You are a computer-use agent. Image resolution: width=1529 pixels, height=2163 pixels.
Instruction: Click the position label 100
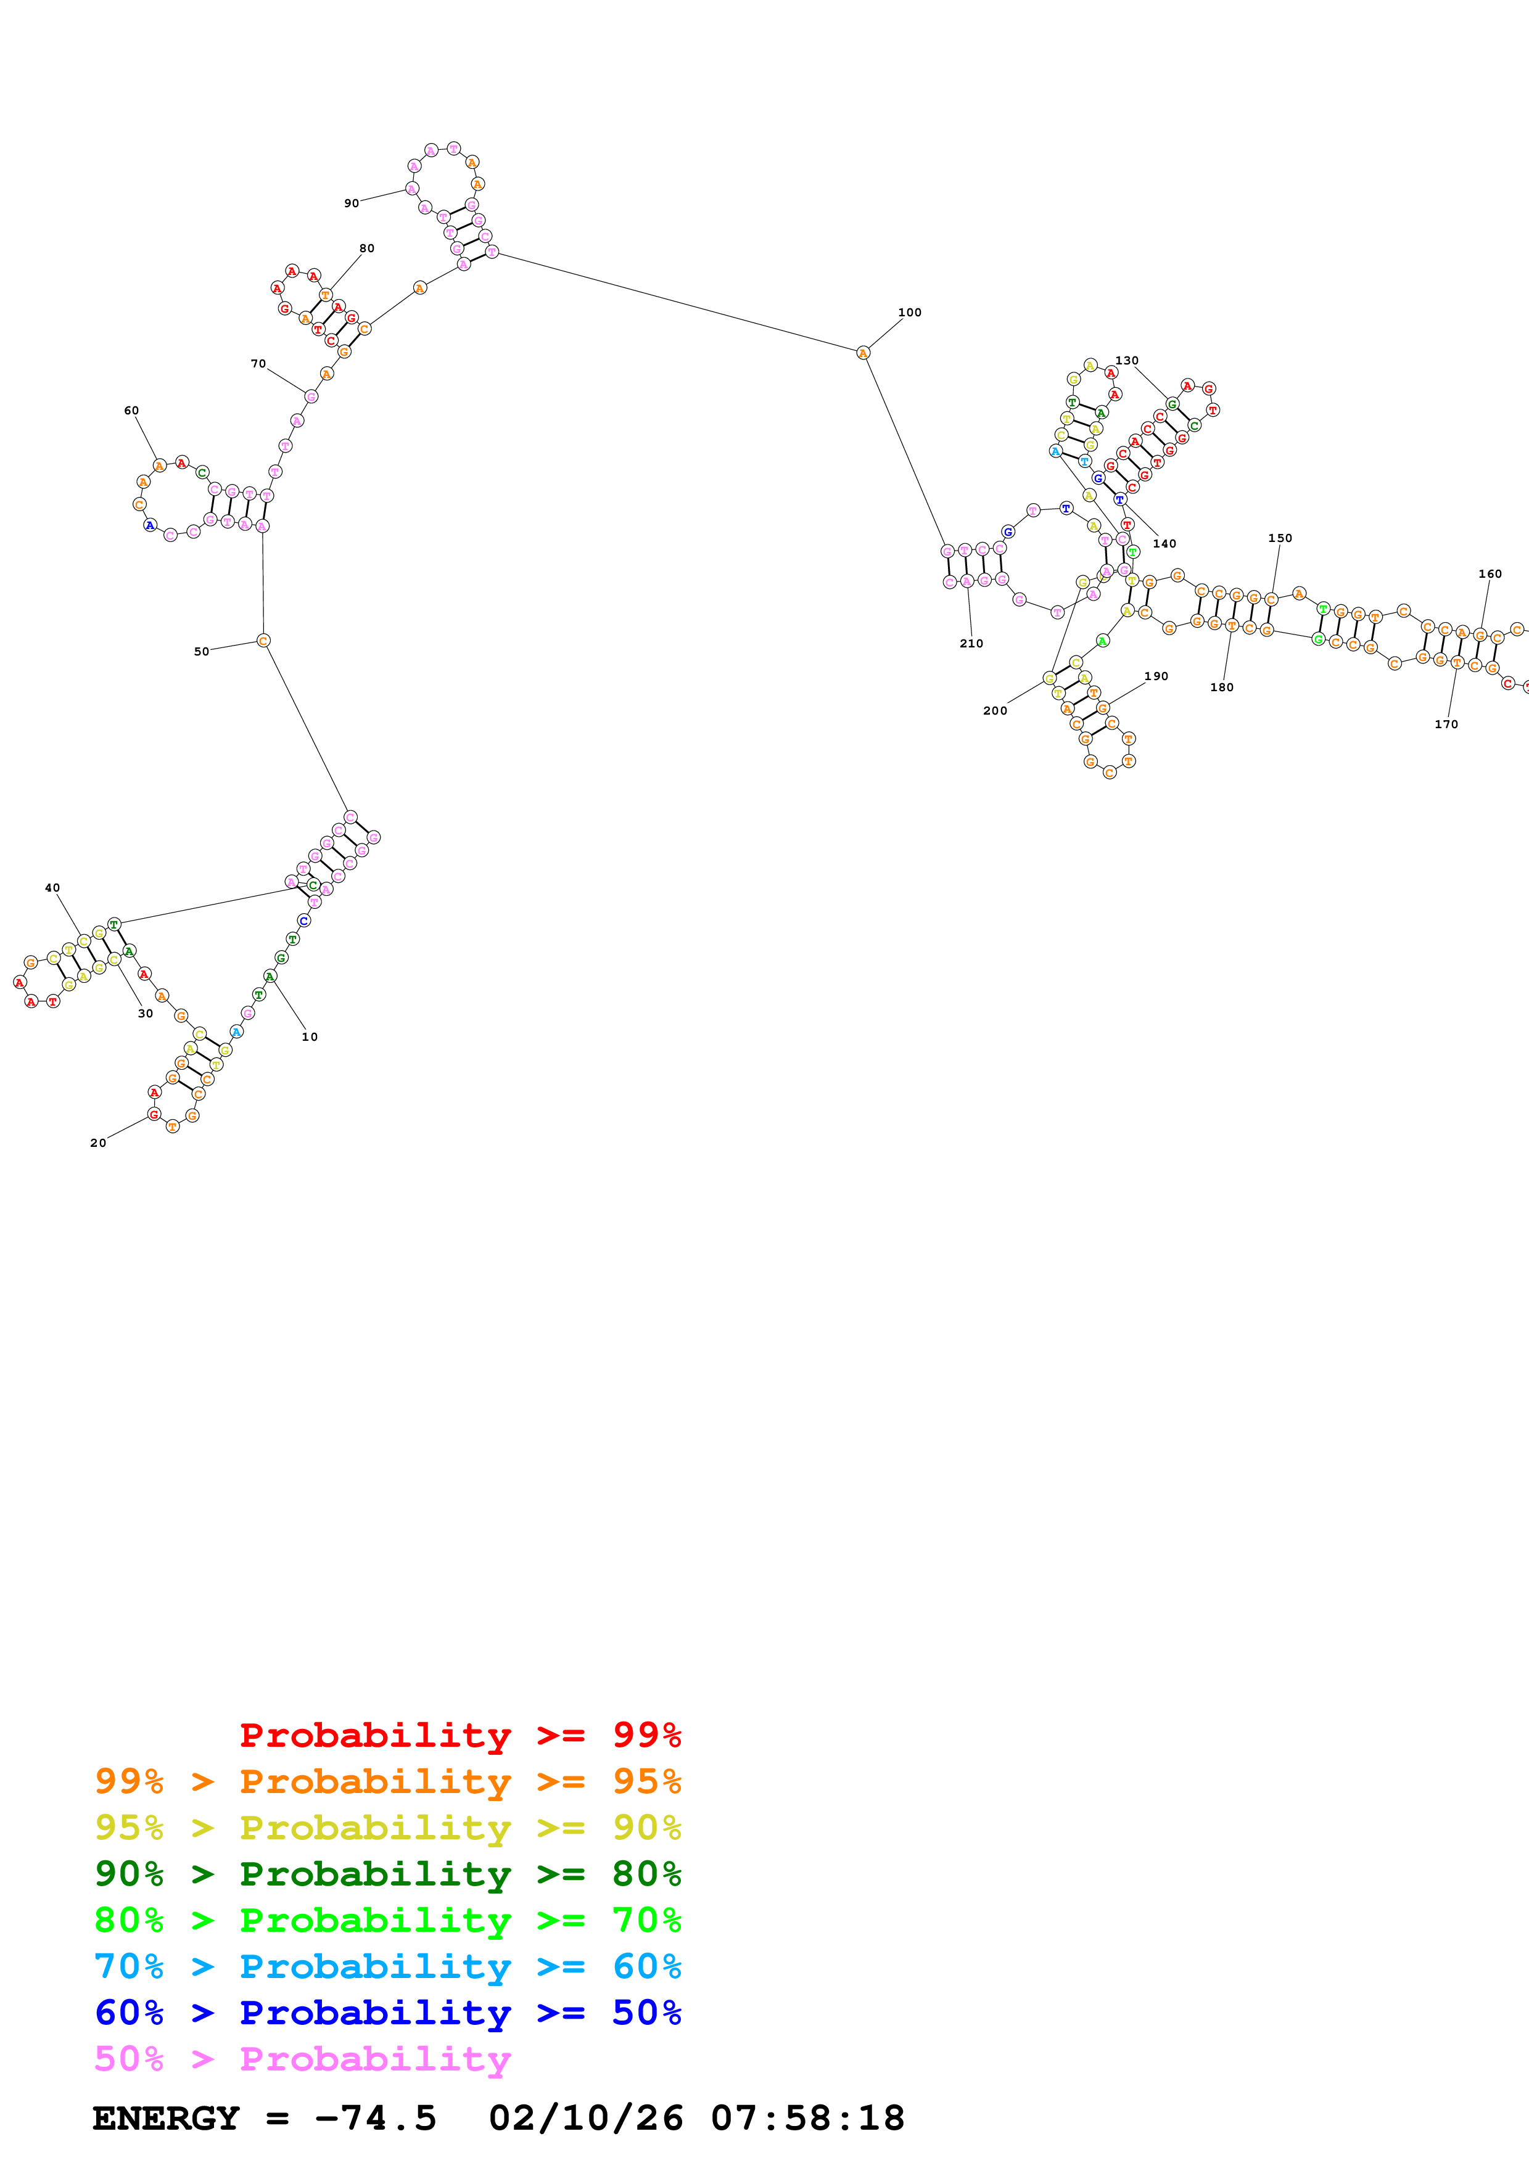[x=909, y=313]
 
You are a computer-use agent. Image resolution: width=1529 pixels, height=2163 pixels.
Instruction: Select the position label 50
[x=202, y=652]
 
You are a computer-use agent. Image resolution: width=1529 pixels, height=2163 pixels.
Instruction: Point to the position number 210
[x=971, y=644]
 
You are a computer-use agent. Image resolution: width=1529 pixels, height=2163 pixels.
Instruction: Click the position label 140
[x=1164, y=544]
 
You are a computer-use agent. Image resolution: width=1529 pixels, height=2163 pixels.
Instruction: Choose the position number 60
[x=131, y=411]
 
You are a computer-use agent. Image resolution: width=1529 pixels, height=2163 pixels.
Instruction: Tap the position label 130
[x=1127, y=361]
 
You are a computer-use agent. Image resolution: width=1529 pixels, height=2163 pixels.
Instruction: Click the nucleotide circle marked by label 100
[x=863, y=353]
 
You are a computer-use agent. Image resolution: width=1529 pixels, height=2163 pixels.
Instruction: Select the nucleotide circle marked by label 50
[x=264, y=641]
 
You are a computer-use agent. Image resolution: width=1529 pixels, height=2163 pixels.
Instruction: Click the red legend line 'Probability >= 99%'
[x=460, y=1735]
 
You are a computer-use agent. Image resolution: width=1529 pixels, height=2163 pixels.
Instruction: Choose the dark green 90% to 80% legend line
[x=387, y=1874]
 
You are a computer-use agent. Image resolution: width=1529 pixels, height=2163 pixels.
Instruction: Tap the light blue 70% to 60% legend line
[x=387, y=1966]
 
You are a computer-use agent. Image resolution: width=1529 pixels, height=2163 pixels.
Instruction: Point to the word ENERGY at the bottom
[x=166, y=2118]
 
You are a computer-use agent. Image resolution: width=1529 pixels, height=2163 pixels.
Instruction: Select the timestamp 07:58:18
[x=807, y=2118]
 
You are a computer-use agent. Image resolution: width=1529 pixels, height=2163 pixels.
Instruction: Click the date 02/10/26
[x=586, y=2118]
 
